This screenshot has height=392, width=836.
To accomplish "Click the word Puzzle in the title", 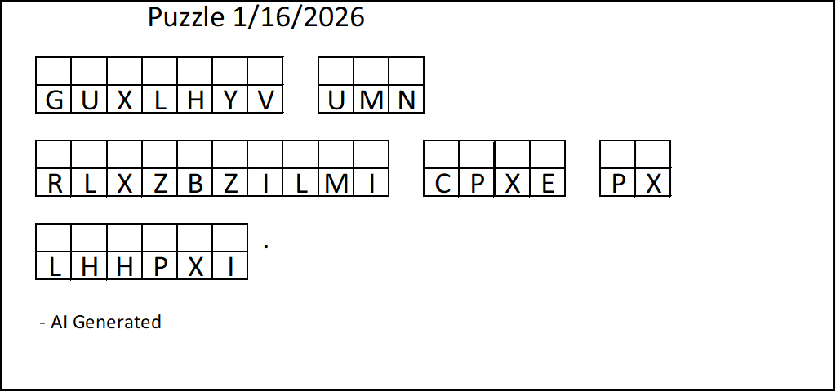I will point(186,17).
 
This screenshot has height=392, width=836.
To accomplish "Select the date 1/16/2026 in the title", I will point(299,17).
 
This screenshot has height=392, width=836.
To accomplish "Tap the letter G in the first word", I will point(54,100).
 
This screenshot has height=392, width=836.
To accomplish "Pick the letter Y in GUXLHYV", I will point(230,100).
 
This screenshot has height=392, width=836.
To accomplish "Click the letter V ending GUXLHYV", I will point(265,100).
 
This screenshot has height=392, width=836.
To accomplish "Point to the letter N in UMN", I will point(407,100).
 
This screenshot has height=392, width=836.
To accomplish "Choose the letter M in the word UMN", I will point(371,100).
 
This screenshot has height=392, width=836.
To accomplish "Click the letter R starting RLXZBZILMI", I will point(54,184).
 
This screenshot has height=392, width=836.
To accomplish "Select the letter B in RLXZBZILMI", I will point(195,184).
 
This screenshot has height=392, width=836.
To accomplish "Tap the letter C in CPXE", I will point(442,184).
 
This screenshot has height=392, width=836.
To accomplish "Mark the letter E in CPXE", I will point(548,184).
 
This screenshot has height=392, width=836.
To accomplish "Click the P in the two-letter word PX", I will point(618,184).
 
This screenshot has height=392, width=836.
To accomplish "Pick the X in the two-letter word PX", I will point(653,184).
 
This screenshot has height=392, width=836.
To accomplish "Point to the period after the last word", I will point(266,244).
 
